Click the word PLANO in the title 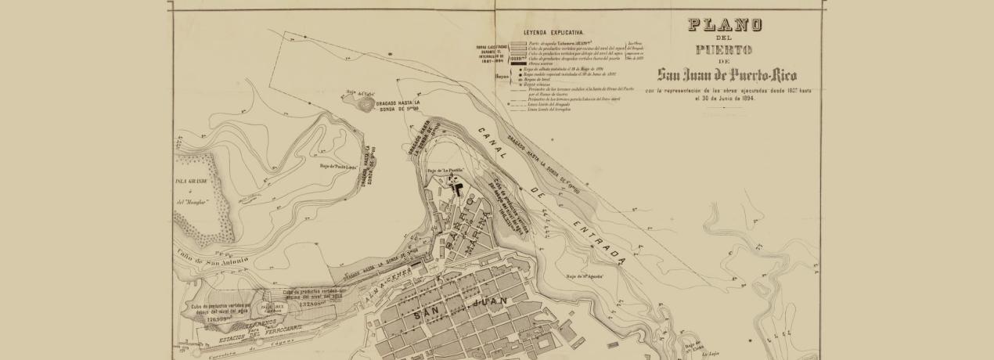click(x=725, y=25)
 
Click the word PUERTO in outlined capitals click(x=725, y=49)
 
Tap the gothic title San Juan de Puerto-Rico click(x=727, y=76)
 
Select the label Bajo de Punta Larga click(x=338, y=166)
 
